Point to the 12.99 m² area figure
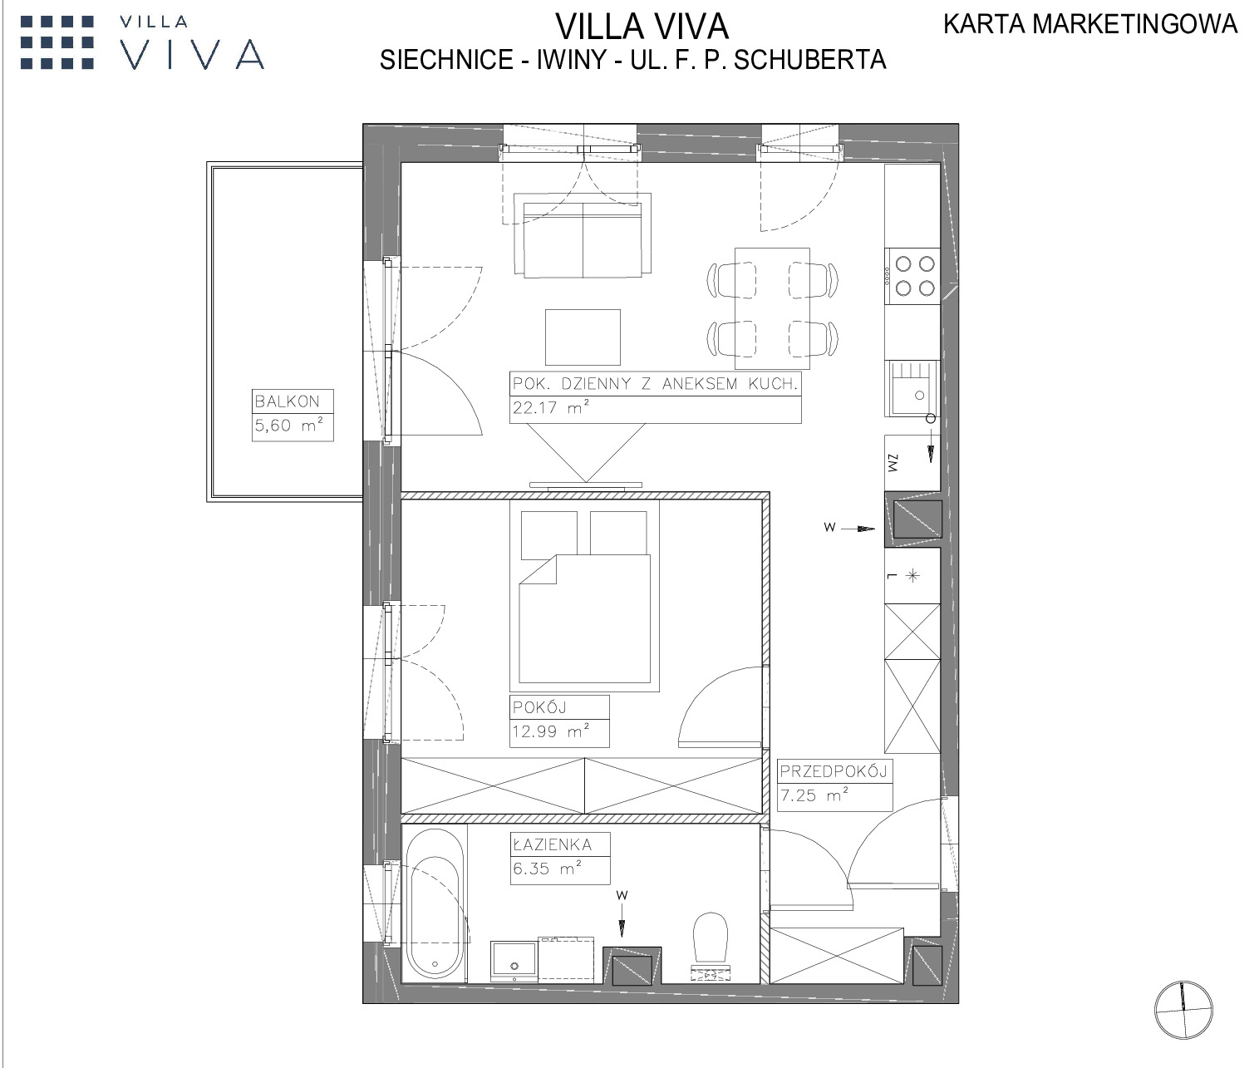pos(551,731)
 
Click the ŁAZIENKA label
pos(553,844)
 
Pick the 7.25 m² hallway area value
pos(814,795)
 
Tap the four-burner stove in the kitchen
pos(912,275)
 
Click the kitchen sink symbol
pos(912,388)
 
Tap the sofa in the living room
pos(583,235)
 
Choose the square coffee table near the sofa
pos(583,337)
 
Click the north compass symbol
pos(1183,1010)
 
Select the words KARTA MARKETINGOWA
pos(1090,25)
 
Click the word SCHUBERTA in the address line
pos(809,60)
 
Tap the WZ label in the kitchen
pos(893,463)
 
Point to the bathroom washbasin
pos(514,961)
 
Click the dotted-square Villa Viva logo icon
pos(57,42)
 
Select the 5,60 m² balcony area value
pos(288,425)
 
